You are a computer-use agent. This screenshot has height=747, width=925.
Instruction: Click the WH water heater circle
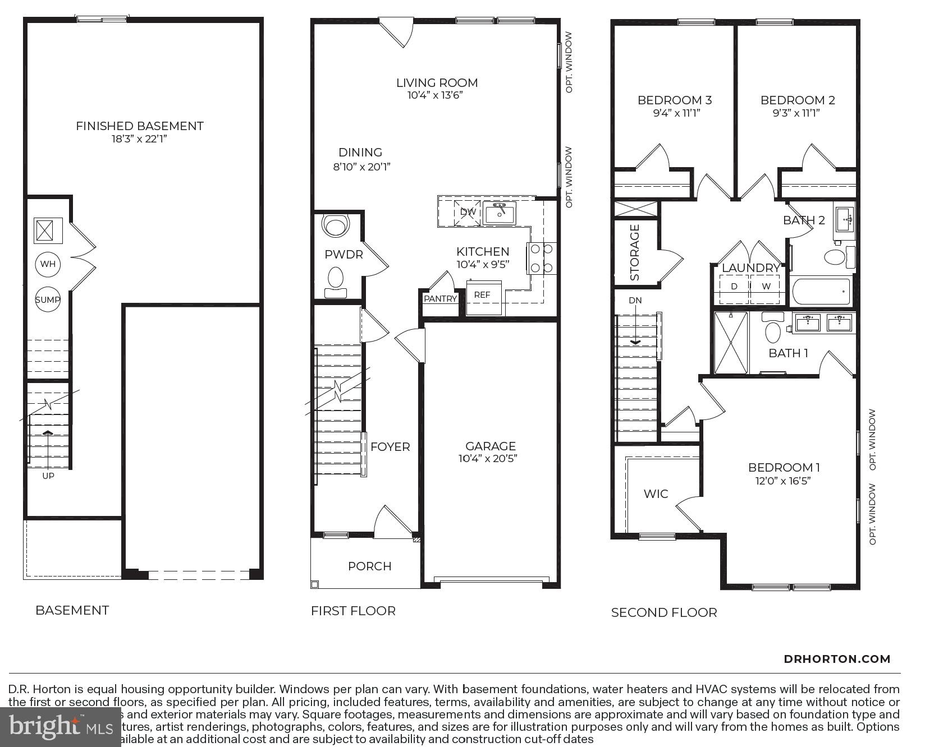[x=48, y=264]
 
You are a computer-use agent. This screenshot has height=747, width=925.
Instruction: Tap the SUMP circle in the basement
[x=48, y=299]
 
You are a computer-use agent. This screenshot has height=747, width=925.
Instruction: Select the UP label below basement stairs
[x=48, y=476]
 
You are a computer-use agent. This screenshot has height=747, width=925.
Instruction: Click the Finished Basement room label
[x=140, y=126]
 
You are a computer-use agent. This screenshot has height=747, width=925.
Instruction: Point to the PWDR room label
[x=344, y=255]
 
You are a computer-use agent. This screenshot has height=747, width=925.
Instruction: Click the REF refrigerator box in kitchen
[x=482, y=296]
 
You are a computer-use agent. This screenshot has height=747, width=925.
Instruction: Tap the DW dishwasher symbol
[x=468, y=212]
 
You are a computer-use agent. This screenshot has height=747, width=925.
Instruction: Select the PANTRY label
[x=440, y=299]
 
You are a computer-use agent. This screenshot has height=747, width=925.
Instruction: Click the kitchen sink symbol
[x=500, y=213]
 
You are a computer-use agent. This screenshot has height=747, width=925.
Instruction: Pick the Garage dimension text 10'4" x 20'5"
[x=488, y=459]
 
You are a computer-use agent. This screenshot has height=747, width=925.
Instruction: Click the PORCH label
[x=369, y=566]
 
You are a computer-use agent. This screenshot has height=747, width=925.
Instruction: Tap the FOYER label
[x=390, y=447]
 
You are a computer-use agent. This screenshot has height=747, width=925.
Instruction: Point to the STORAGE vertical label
[x=635, y=252]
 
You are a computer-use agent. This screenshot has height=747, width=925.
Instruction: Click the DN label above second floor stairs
[x=635, y=301]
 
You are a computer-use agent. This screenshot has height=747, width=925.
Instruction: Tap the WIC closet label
[x=656, y=494]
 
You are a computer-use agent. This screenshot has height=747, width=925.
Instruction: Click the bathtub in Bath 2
[x=821, y=291]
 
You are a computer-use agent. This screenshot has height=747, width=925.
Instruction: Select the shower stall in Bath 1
[x=730, y=342]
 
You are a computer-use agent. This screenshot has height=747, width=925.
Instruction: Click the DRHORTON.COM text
[x=837, y=660]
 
